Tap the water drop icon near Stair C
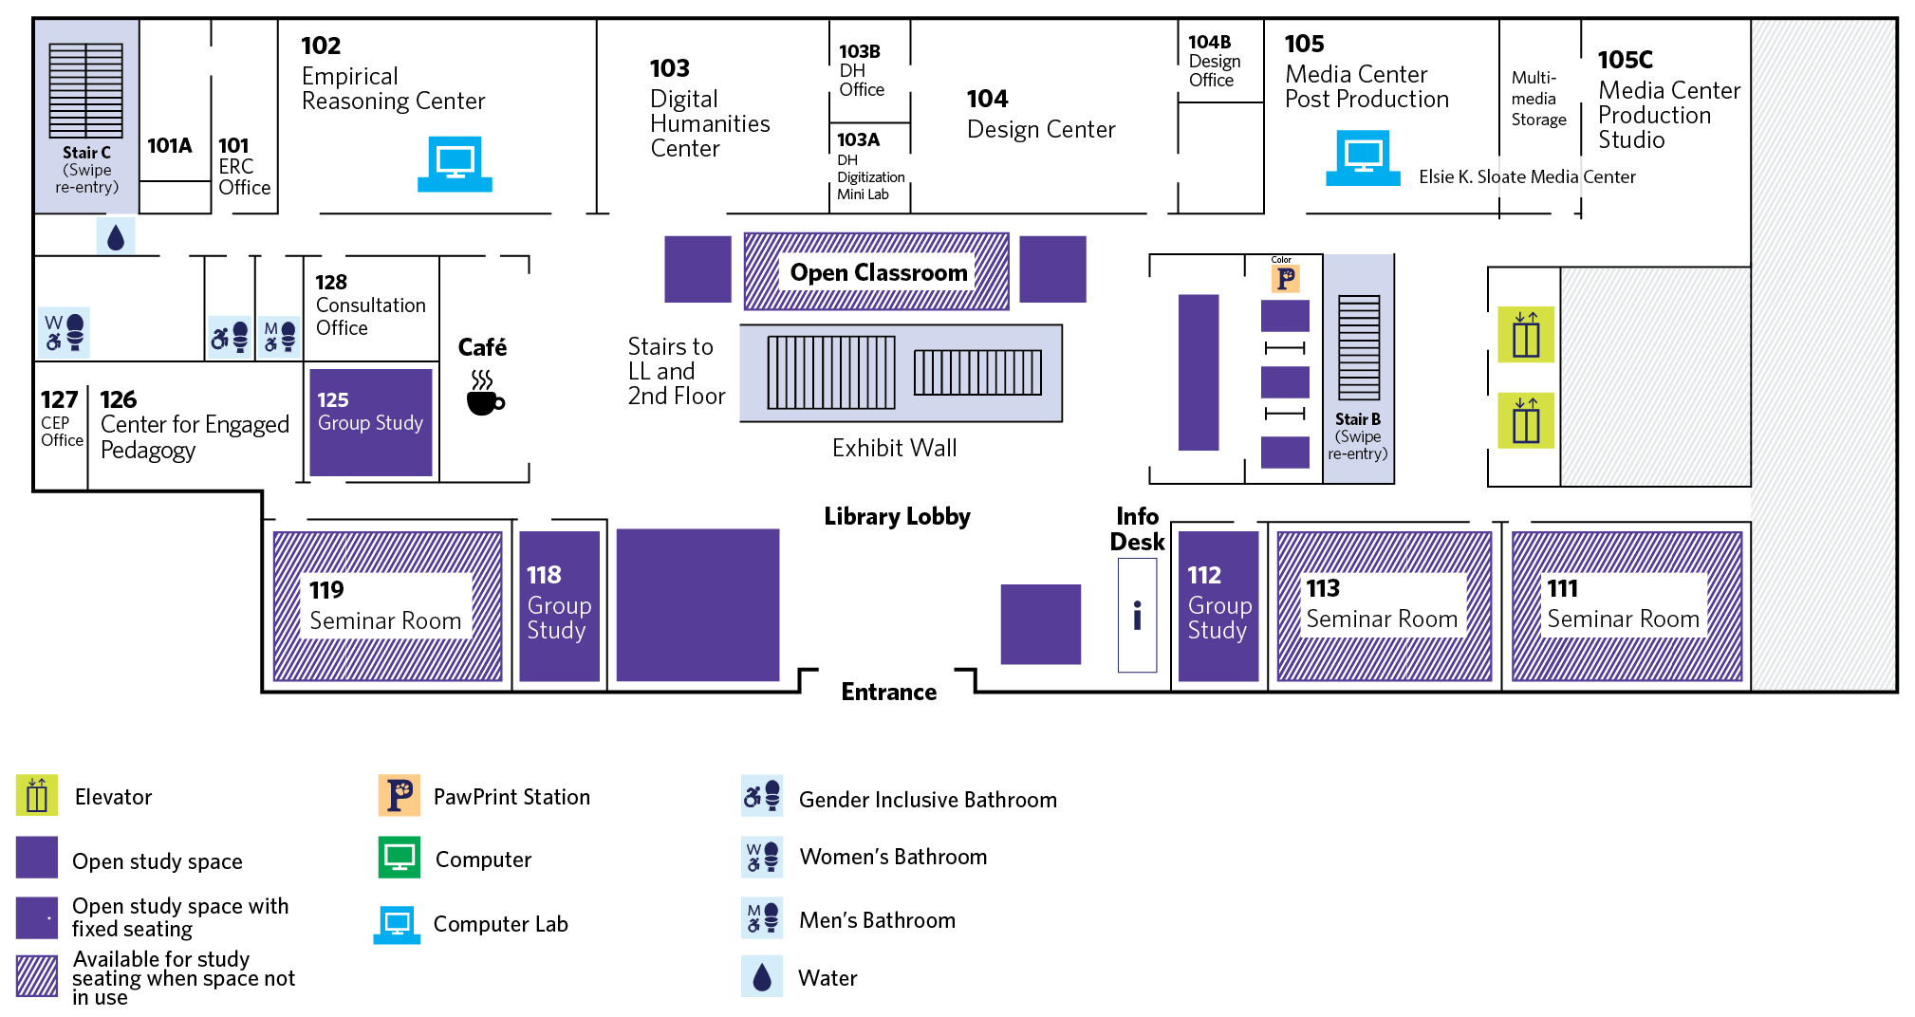(x=116, y=237)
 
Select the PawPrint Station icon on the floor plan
(x=1285, y=279)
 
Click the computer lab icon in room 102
(x=455, y=164)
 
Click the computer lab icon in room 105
(x=1363, y=157)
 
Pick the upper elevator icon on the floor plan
(x=1525, y=334)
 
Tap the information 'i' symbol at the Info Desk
(x=1137, y=616)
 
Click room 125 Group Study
(x=370, y=422)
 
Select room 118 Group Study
(x=559, y=604)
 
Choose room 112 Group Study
(x=1218, y=604)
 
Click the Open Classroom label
(x=878, y=273)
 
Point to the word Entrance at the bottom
(x=888, y=693)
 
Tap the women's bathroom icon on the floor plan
(x=65, y=332)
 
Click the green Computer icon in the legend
(x=399, y=858)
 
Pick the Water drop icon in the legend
(x=762, y=977)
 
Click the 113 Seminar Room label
(x=1381, y=604)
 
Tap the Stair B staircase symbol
(x=1358, y=348)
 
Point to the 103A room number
(x=858, y=140)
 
